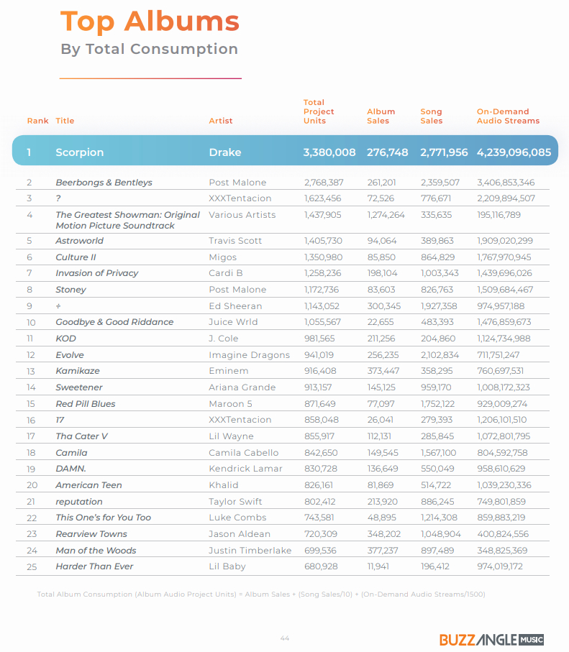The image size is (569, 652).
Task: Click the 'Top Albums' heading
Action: coord(150,22)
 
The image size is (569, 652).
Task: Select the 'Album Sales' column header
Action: coord(381,116)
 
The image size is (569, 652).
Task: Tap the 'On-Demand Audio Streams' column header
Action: coord(508,116)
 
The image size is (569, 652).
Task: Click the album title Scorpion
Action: coord(80,152)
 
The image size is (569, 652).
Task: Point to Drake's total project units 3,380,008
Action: coord(329,152)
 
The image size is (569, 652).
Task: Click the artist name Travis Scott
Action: coord(235,241)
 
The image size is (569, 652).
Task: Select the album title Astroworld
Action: coord(80,241)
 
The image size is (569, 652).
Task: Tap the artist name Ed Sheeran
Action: coord(235,306)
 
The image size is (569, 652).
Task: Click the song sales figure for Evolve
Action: coord(440,355)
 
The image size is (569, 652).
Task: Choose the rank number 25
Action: coord(32,566)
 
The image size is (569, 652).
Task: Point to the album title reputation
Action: coord(79,502)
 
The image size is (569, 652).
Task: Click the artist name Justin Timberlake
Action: coord(250,551)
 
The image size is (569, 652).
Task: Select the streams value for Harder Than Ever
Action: coord(500,566)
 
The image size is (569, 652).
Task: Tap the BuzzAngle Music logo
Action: coord(491,640)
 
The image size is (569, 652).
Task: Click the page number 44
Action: coord(285,638)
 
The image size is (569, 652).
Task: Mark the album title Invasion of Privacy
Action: coord(97,273)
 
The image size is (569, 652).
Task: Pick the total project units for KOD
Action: coord(319,339)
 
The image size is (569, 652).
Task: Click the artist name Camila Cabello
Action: coord(244,453)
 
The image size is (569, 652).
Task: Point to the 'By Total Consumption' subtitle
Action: coord(150,49)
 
